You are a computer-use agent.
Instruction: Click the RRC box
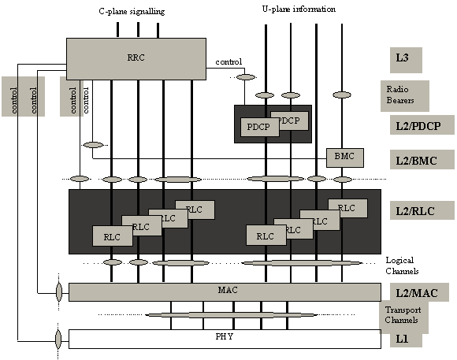tap(136, 58)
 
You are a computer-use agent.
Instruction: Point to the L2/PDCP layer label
tap(423, 126)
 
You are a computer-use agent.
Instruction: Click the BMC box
tap(344, 157)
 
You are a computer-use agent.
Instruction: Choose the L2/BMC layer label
tap(423, 161)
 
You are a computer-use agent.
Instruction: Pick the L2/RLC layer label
tap(423, 210)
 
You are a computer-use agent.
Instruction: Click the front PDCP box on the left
tap(259, 127)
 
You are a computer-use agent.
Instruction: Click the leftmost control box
tap(13, 96)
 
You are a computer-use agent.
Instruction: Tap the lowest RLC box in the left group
tap(112, 236)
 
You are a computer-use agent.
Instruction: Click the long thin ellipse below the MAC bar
tap(231, 314)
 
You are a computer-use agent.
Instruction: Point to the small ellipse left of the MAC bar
tap(58, 292)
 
